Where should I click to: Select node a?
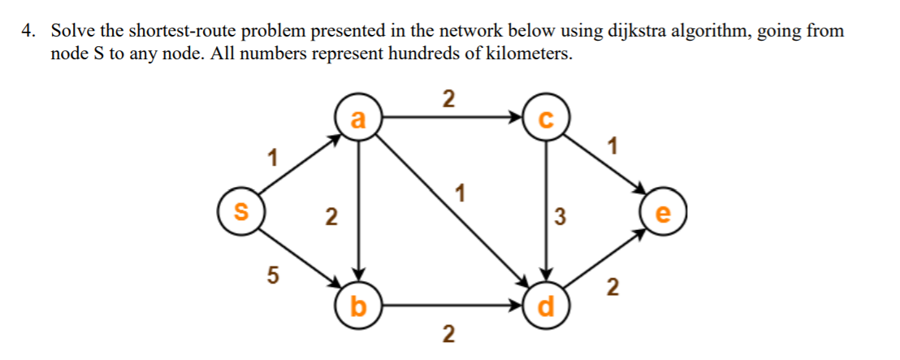click(358, 119)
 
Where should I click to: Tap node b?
click(358, 306)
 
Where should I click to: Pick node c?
click(546, 119)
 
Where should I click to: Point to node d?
click(546, 306)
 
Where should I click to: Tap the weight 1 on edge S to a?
click(274, 156)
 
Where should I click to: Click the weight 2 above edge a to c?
click(448, 99)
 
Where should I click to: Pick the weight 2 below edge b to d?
click(448, 333)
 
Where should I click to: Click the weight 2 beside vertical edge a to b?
click(329, 216)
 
